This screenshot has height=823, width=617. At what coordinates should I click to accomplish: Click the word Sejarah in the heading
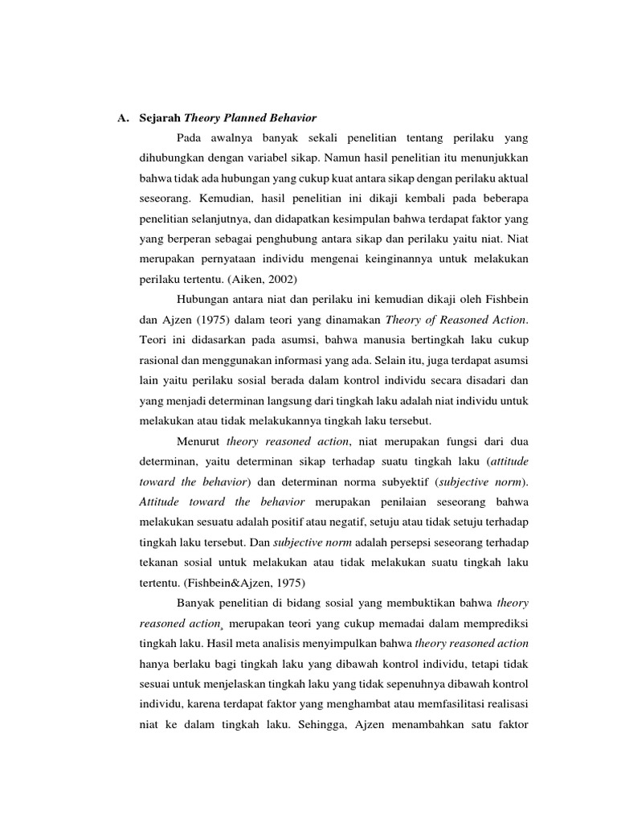pyautogui.click(x=159, y=119)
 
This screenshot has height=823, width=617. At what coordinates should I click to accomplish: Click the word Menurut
pyautogui.click(x=198, y=441)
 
